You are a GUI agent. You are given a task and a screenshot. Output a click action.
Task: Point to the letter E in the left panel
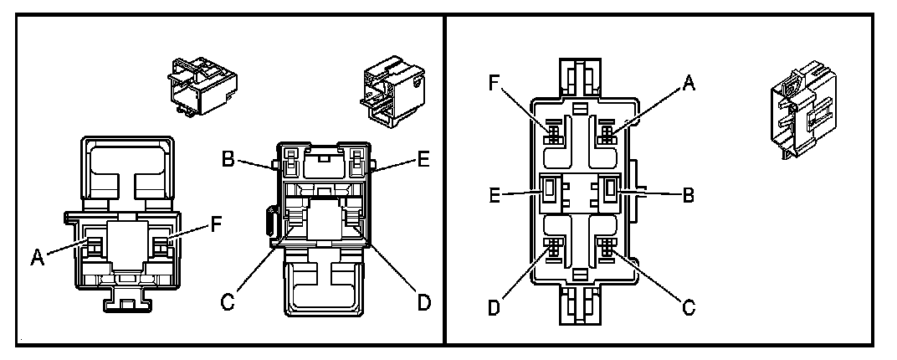click(423, 158)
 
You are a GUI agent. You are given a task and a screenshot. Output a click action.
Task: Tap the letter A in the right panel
click(689, 82)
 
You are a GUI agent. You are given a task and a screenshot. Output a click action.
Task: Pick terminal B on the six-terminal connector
click(608, 192)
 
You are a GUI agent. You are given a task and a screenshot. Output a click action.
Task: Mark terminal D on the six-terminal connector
click(554, 249)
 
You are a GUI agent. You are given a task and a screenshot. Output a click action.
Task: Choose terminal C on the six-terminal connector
click(605, 249)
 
